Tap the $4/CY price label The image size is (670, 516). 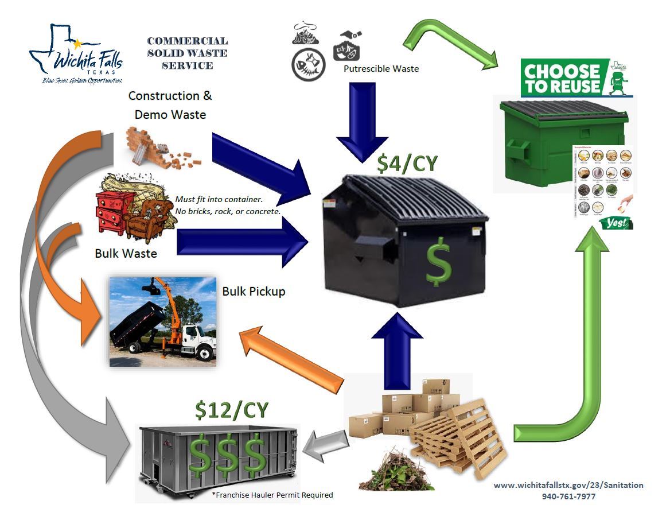point(407,163)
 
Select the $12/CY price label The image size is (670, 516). point(232,410)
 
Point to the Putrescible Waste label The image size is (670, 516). point(381,69)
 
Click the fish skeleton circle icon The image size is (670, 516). point(309,65)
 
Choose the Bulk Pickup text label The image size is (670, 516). point(254,291)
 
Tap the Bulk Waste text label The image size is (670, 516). point(126,253)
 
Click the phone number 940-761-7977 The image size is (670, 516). point(568,496)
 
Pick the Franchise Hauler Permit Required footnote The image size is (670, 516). point(272,495)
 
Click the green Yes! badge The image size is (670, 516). point(615,223)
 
